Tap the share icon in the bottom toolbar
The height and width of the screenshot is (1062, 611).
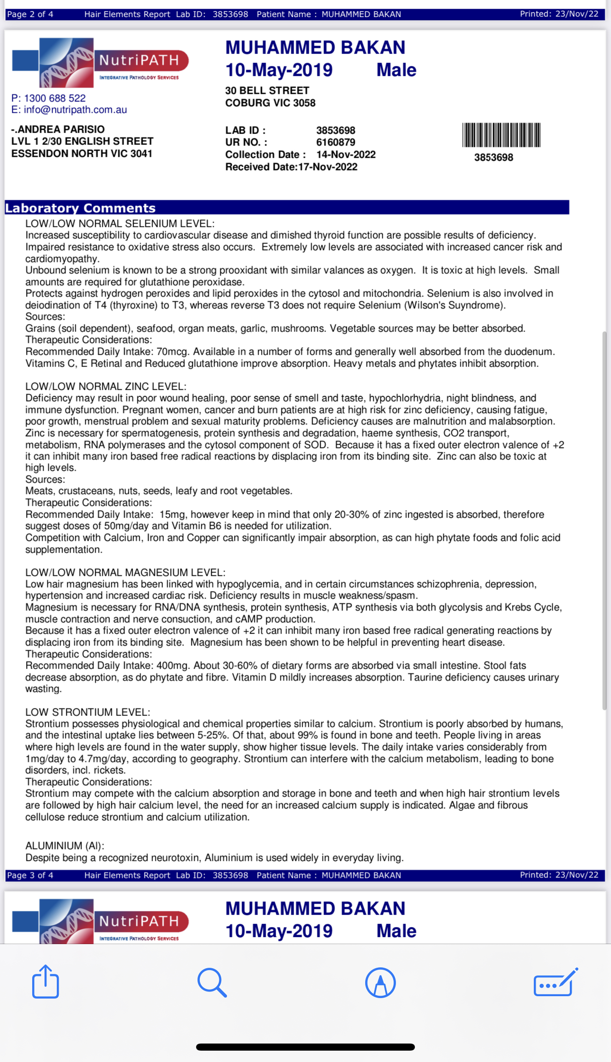pyautogui.click(x=45, y=982)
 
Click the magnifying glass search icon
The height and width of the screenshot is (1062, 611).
pyautogui.click(x=212, y=982)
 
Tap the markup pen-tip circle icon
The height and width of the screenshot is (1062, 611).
pyautogui.click(x=380, y=982)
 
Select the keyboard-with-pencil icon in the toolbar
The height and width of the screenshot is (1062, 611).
pyautogui.click(x=556, y=982)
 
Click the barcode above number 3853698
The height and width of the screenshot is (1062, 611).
pyautogui.click(x=501, y=135)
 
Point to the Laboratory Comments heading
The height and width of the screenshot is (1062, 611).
pyautogui.click(x=80, y=208)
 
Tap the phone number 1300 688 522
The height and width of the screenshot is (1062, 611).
pyautogui.click(x=55, y=98)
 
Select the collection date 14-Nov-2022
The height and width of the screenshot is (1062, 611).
pyautogui.click(x=346, y=154)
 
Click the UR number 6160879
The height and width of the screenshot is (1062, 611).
pyautogui.click(x=335, y=142)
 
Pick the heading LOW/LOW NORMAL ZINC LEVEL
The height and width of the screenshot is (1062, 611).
pyautogui.click(x=106, y=386)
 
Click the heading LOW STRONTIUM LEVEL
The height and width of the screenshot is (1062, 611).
pyautogui.click(x=88, y=712)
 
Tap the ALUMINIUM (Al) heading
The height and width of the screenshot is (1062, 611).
pyautogui.click(x=65, y=846)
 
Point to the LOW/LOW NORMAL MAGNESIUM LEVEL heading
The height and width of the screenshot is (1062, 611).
pyautogui.click(x=125, y=572)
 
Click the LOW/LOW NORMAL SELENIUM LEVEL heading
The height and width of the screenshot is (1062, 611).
pyautogui.click(x=120, y=223)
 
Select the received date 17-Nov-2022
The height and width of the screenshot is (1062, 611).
pyautogui.click(x=328, y=167)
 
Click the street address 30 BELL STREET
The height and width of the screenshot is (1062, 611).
pyautogui.click(x=267, y=90)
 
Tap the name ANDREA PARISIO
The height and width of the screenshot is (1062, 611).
pyautogui.click(x=61, y=129)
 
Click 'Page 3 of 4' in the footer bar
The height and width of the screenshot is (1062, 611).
pyautogui.click(x=30, y=875)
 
